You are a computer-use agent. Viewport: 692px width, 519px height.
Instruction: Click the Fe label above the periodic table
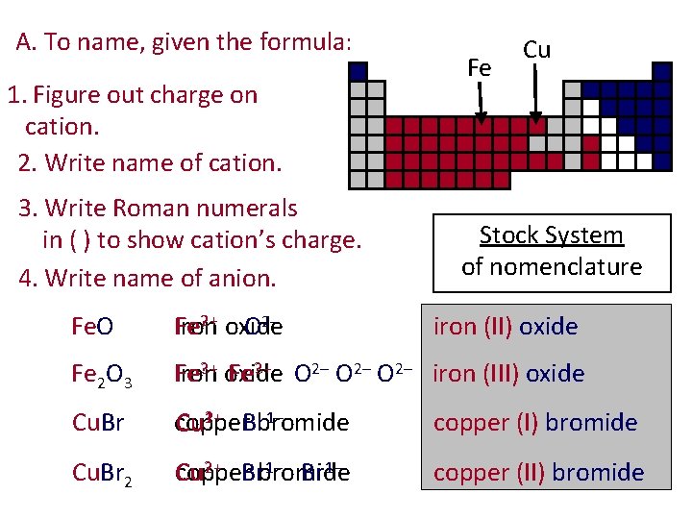tap(479, 67)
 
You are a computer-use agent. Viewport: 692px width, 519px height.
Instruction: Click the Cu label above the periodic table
tap(536, 50)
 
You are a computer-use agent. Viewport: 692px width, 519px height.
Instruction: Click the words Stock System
tap(552, 235)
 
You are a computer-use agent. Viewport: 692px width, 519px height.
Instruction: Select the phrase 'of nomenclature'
tap(552, 266)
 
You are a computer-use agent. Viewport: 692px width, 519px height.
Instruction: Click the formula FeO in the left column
tap(92, 327)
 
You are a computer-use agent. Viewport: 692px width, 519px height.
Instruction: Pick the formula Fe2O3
tap(101, 376)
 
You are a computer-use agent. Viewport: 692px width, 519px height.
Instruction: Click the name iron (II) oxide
tap(506, 327)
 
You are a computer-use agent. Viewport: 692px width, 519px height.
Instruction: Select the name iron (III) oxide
tap(509, 374)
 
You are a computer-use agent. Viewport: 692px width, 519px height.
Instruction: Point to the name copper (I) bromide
tap(535, 423)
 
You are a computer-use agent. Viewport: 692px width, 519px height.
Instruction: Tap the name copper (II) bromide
tap(538, 472)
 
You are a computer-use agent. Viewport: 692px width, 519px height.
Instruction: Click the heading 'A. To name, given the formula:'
tap(185, 42)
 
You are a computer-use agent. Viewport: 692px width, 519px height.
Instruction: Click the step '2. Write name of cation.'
tap(150, 162)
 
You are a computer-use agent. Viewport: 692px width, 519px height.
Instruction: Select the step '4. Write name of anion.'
tap(147, 279)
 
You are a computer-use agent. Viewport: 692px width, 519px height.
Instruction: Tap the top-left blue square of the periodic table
tap(358, 71)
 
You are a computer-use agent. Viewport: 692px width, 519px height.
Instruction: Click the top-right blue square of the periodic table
tap(661, 71)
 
